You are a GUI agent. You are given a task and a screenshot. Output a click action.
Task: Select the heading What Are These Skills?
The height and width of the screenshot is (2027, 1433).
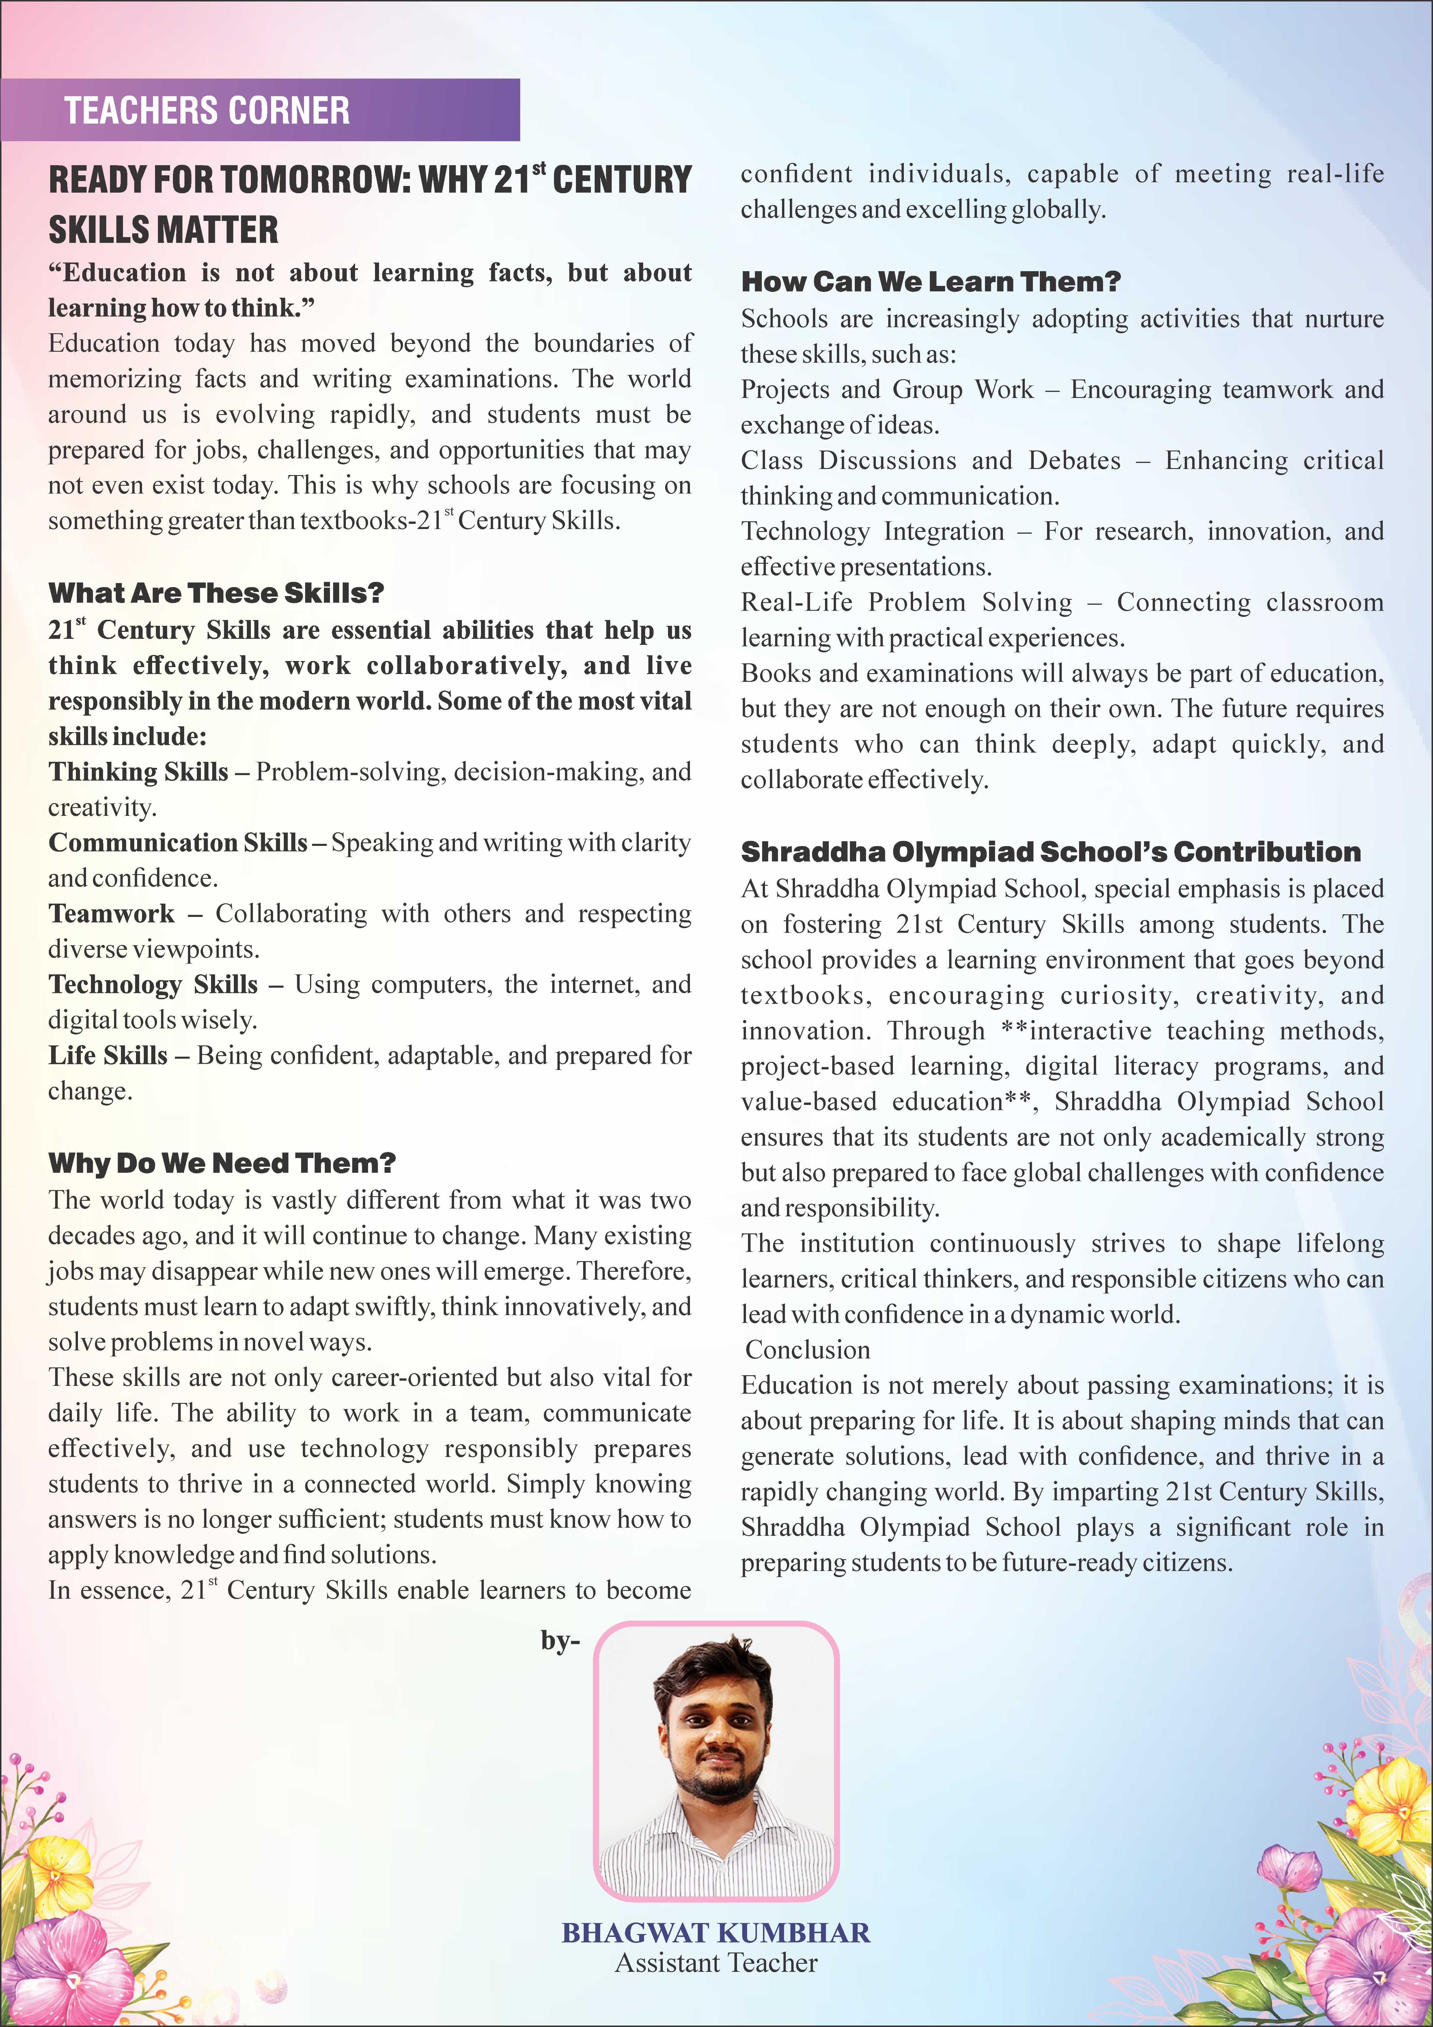[216, 592]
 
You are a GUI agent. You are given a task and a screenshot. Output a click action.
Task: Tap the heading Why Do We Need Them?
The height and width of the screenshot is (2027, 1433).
[221, 1163]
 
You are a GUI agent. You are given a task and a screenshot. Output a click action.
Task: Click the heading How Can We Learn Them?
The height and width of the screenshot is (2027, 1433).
[931, 282]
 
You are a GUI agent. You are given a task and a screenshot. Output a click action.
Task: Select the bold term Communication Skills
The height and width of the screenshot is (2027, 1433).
[177, 842]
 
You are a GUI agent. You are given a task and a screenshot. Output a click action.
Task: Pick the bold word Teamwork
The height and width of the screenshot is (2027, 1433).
[111, 913]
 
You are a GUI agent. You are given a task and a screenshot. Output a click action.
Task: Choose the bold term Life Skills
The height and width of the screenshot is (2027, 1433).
[108, 1055]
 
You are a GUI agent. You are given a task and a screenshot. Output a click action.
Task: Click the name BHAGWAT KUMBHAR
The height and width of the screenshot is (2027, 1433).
[716, 1933]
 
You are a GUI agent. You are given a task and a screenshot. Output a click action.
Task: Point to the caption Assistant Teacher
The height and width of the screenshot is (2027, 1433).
[716, 1963]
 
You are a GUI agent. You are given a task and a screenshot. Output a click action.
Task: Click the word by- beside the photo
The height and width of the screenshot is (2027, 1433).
[560, 1641]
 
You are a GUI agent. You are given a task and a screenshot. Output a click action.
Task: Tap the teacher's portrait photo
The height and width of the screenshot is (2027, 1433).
[716, 1761]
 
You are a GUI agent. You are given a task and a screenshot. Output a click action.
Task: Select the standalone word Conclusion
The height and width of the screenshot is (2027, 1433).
[807, 1350]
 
